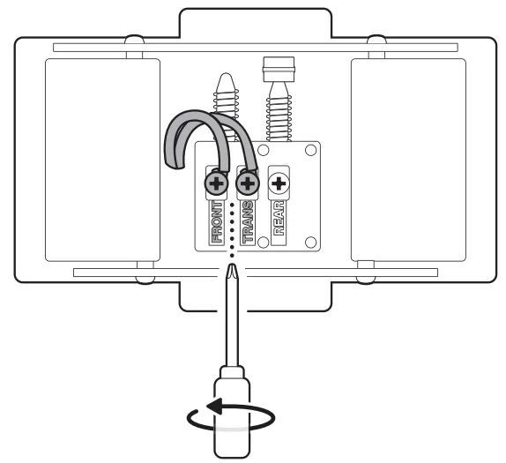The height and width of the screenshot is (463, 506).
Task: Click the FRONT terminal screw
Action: pyautogui.click(x=214, y=184)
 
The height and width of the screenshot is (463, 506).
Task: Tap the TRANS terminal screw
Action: pyautogui.click(x=248, y=184)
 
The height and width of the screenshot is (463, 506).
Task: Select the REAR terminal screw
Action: pyautogui.click(x=280, y=184)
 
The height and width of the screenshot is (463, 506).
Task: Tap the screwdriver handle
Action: pyautogui.click(x=231, y=414)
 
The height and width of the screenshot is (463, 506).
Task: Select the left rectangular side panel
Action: pyautogui.click(x=103, y=160)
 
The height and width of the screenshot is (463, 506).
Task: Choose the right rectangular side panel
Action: pyautogui.click(x=407, y=160)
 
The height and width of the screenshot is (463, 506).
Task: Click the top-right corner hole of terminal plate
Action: pyautogui.click(x=311, y=152)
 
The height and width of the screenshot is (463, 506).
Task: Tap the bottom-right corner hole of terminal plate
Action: pyautogui.click(x=311, y=241)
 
